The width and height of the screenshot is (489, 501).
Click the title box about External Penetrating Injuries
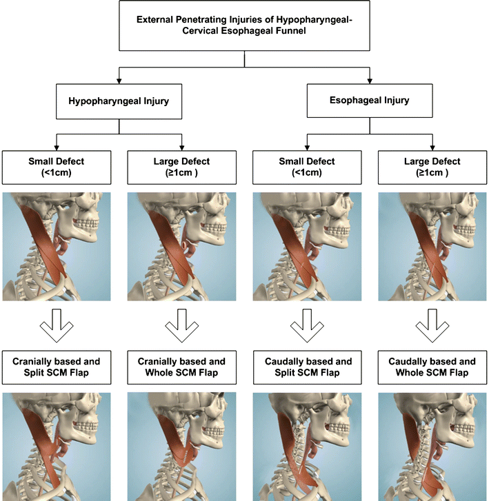pyautogui.click(x=244, y=26)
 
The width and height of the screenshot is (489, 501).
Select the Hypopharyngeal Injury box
pyautogui.click(x=119, y=101)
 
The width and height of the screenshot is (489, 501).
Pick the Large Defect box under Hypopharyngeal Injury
pyautogui.click(x=182, y=167)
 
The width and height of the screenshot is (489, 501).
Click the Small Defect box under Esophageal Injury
pyautogui.click(x=307, y=167)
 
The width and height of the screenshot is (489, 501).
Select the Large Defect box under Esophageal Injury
pyautogui.click(x=432, y=167)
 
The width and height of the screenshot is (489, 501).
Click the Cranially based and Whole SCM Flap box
pyautogui.click(x=182, y=367)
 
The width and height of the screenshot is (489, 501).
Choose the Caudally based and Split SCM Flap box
pyautogui.click(x=307, y=367)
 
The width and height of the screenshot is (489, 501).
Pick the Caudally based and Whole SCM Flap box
pyautogui.click(x=432, y=367)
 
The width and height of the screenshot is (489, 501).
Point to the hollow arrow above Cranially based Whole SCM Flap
pyautogui.click(x=182, y=325)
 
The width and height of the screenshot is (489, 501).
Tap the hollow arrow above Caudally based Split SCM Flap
pyautogui.click(x=307, y=325)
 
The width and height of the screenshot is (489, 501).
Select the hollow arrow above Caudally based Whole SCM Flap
pyautogui.click(x=432, y=325)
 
